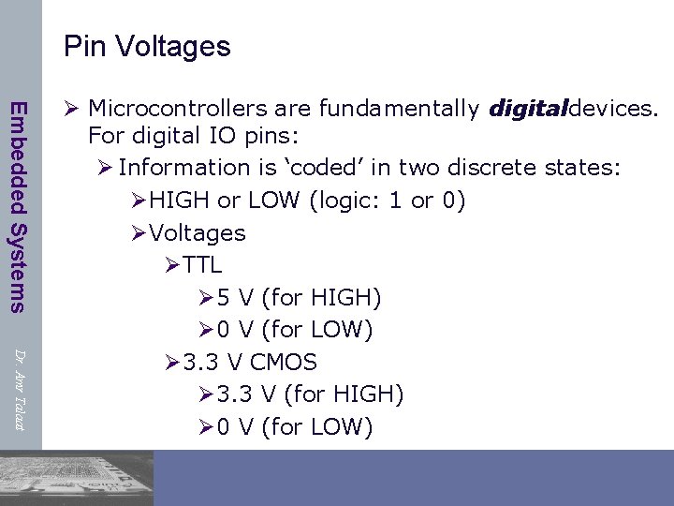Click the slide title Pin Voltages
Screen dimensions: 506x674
(x=147, y=46)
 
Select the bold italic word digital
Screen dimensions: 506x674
(x=528, y=110)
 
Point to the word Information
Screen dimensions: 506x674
(x=179, y=167)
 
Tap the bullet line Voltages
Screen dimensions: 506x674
(x=197, y=232)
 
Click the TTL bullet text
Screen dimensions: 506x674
(x=202, y=265)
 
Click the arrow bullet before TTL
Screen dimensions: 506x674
(x=170, y=265)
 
